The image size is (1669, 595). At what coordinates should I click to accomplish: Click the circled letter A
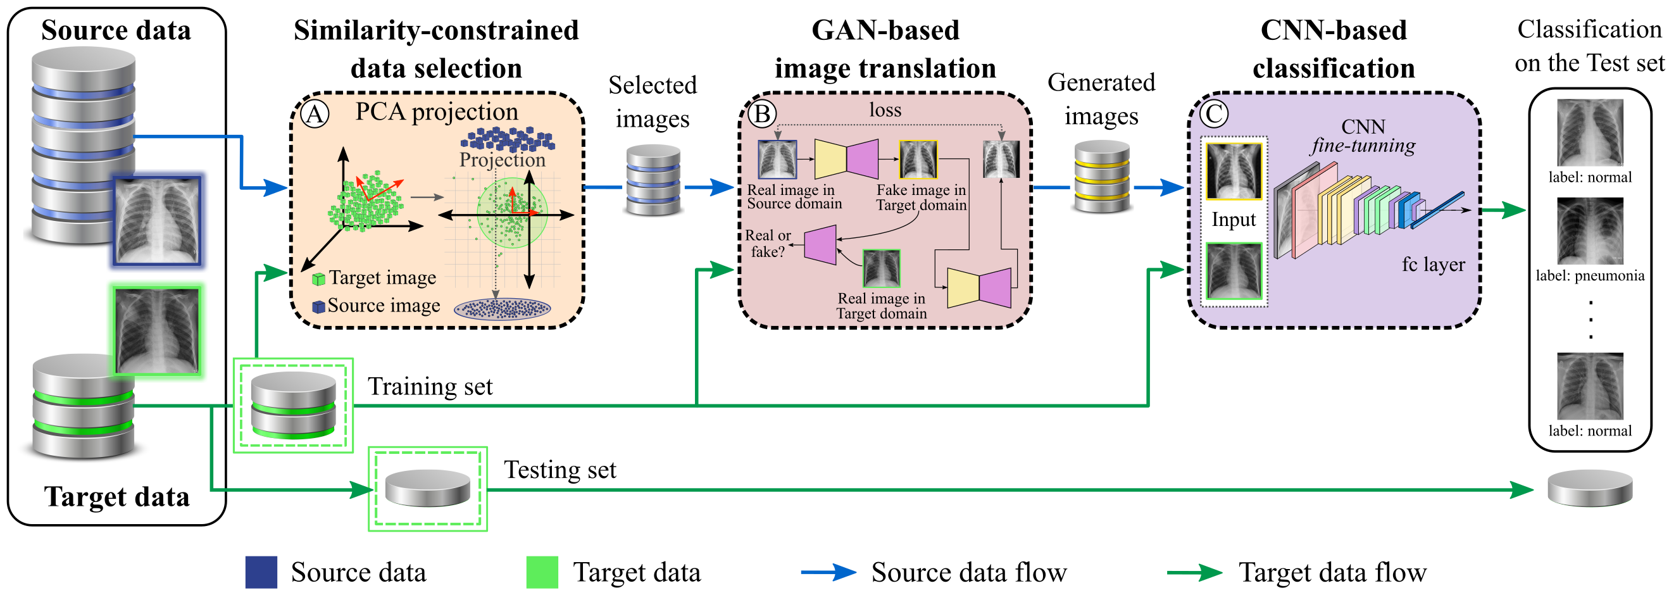click(x=315, y=114)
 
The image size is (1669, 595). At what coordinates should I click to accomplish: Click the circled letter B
click(x=762, y=114)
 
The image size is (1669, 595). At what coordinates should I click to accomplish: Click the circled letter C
click(x=1213, y=114)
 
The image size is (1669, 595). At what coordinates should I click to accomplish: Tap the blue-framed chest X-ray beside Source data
click(x=157, y=220)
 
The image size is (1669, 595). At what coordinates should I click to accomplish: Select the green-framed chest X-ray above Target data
click(x=157, y=330)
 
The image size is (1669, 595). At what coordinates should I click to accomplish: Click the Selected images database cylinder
click(x=653, y=180)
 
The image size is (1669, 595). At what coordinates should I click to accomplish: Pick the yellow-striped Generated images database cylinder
click(x=1101, y=177)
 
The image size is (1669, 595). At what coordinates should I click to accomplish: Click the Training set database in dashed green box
click(x=294, y=405)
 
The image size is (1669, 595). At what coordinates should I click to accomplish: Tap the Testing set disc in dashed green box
click(x=428, y=488)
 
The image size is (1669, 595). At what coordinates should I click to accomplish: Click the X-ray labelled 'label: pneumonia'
click(x=1590, y=230)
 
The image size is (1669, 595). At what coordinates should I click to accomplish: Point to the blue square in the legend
click(x=261, y=572)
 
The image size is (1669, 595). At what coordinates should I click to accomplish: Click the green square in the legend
click(x=542, y=572)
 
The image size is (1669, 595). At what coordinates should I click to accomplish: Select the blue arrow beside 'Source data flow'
click(x=828, y=572)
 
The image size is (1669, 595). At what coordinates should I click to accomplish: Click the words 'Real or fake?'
click(x=768, y=243)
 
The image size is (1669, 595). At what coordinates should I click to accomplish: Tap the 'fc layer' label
click(x=1433, y=264)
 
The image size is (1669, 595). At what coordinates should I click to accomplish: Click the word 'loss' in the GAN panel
click(x=885, y=110)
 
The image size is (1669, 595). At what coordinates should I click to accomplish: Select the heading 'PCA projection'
click(x=437, y=111)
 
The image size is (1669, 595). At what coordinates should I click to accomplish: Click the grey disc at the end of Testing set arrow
click(x=1589, y=488)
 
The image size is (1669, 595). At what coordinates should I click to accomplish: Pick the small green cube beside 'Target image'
click(x=318, y=279)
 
